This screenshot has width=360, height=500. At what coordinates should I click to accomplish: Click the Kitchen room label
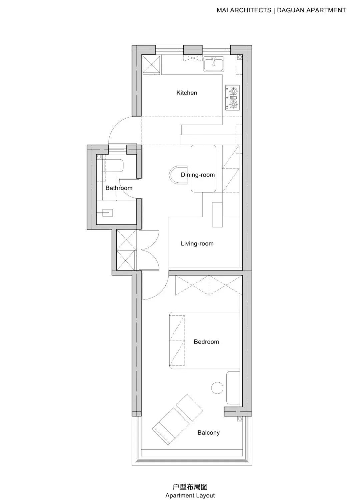coord(187,93)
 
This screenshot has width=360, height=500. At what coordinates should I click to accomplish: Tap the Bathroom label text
coord(119,188)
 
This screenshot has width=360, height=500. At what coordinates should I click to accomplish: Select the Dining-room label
coord(198,175)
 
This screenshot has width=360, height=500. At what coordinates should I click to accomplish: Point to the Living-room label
coord(197,244)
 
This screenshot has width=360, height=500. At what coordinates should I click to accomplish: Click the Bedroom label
coord(206,342)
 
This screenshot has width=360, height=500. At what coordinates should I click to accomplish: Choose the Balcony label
coord(209,433)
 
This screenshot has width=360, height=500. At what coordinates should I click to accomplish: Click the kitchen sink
coord(214,64)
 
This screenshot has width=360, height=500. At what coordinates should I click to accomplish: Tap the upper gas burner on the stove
coord(233,91)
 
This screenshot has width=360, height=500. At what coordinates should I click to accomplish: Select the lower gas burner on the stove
coord(233,104)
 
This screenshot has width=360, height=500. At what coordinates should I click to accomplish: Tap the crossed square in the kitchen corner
coord(151,65)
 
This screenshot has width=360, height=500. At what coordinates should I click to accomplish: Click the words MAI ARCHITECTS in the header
coord(244,10)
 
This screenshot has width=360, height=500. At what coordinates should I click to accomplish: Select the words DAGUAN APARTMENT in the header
coord(311,10)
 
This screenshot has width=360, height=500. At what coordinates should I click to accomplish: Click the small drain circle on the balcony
coord(240,419)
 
